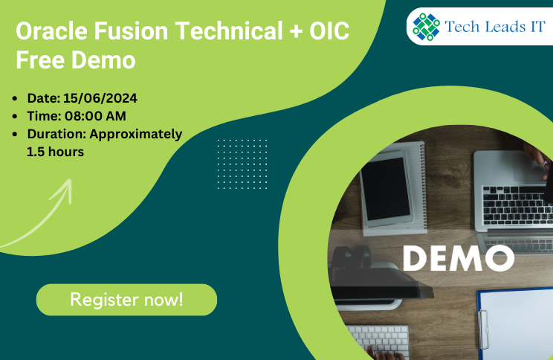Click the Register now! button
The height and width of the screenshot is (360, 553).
click(126, 300)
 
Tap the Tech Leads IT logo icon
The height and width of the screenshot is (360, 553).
click(427, 27)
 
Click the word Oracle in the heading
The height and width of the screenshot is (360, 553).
click(51, 30)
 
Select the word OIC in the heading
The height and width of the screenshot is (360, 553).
click(329, 30)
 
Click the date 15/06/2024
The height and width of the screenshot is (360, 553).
click(100, 98)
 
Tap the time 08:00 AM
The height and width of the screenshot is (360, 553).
click(95, 116)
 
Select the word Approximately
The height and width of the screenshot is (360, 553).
click(136, 135)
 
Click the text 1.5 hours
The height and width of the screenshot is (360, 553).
click(55, 152)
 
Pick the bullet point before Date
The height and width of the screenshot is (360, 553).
click(14, 98)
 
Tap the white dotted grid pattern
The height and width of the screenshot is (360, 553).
click(242, 164)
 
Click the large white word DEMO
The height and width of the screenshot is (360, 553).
click(459, 258)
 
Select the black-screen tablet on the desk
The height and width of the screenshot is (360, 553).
click(387, 188)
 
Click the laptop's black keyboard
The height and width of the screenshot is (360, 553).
click(517, 205)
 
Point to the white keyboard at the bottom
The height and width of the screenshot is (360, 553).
click(378, 341)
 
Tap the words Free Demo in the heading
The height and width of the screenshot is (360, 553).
click(76, 60)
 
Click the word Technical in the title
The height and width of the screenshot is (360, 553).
click(229, 30)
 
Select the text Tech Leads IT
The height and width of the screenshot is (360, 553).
click(495, 27)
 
